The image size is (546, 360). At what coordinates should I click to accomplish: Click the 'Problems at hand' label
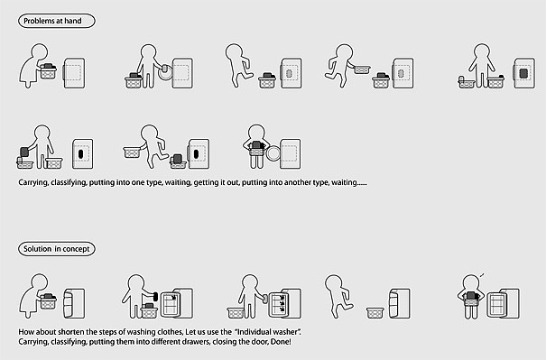point(57,21)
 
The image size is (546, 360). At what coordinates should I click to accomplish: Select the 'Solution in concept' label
point(57,249)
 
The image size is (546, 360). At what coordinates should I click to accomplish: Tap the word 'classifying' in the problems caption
point(69,182)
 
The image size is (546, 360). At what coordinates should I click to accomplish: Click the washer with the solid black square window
point(523,73)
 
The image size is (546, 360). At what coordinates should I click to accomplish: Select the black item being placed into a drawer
point(155,297)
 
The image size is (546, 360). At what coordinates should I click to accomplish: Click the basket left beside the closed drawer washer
point(375,313)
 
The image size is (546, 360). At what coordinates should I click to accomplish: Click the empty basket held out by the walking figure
point(133,152)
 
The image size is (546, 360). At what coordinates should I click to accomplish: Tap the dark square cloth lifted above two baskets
point(24,152)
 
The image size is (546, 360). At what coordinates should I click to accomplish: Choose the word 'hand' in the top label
point(73,21)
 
